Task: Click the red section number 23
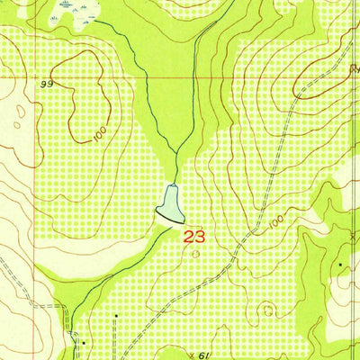coord(193,237)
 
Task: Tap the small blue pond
coord(171,201)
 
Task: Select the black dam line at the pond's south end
coord(169,218)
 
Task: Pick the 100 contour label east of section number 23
coord(274,219)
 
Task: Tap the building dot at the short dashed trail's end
coord(116,316)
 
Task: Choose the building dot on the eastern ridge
coord(340,265)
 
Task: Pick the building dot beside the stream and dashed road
coord(84,343)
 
